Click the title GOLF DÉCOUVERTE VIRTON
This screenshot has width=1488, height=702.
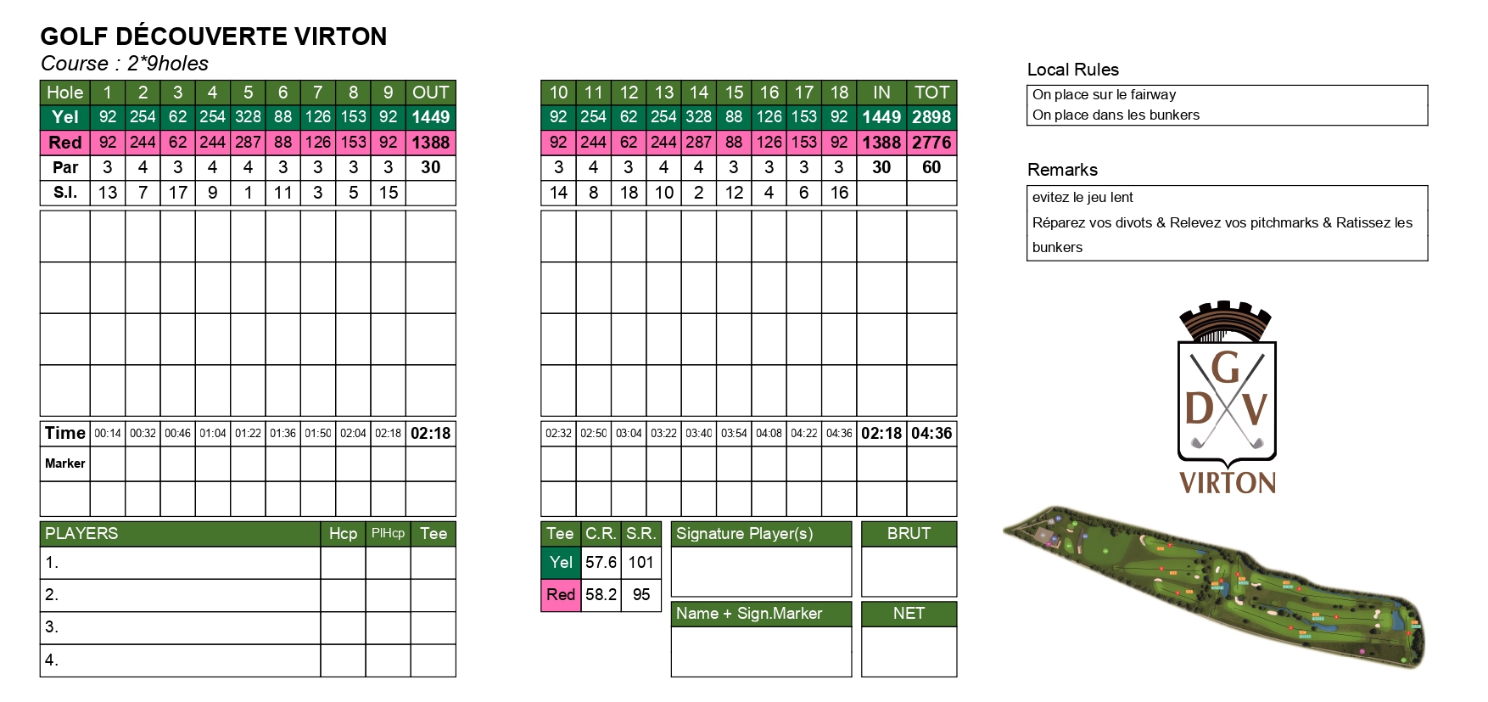coord(214,37)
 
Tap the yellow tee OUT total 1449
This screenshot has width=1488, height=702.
coord(430,117)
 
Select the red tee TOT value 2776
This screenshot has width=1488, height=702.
coord(931,143)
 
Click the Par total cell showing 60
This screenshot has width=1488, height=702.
coord(931,167)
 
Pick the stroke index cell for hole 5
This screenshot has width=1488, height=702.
coord(248,193)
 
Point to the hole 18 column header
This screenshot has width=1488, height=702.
coord(839,93)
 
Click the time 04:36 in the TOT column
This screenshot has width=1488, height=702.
coord(931,433)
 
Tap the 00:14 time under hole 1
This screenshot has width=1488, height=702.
coord(108,433)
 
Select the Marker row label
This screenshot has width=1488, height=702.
coord(65,463)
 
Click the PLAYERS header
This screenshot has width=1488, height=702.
coord(81,533)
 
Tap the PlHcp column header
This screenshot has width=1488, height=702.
coord(388,533)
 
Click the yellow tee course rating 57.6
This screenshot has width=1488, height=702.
coord(601,562)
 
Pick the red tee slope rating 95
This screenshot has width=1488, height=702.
coord(641,594)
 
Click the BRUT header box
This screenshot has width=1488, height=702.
coord(909,533)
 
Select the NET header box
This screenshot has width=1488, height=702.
coord(909,613)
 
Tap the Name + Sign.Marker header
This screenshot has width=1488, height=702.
coord(749,613)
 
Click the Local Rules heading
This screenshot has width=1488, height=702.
coord(1072,70)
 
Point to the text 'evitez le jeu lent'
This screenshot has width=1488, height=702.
coord(1082,197)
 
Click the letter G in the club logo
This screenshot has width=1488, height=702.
coord(1226,368)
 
